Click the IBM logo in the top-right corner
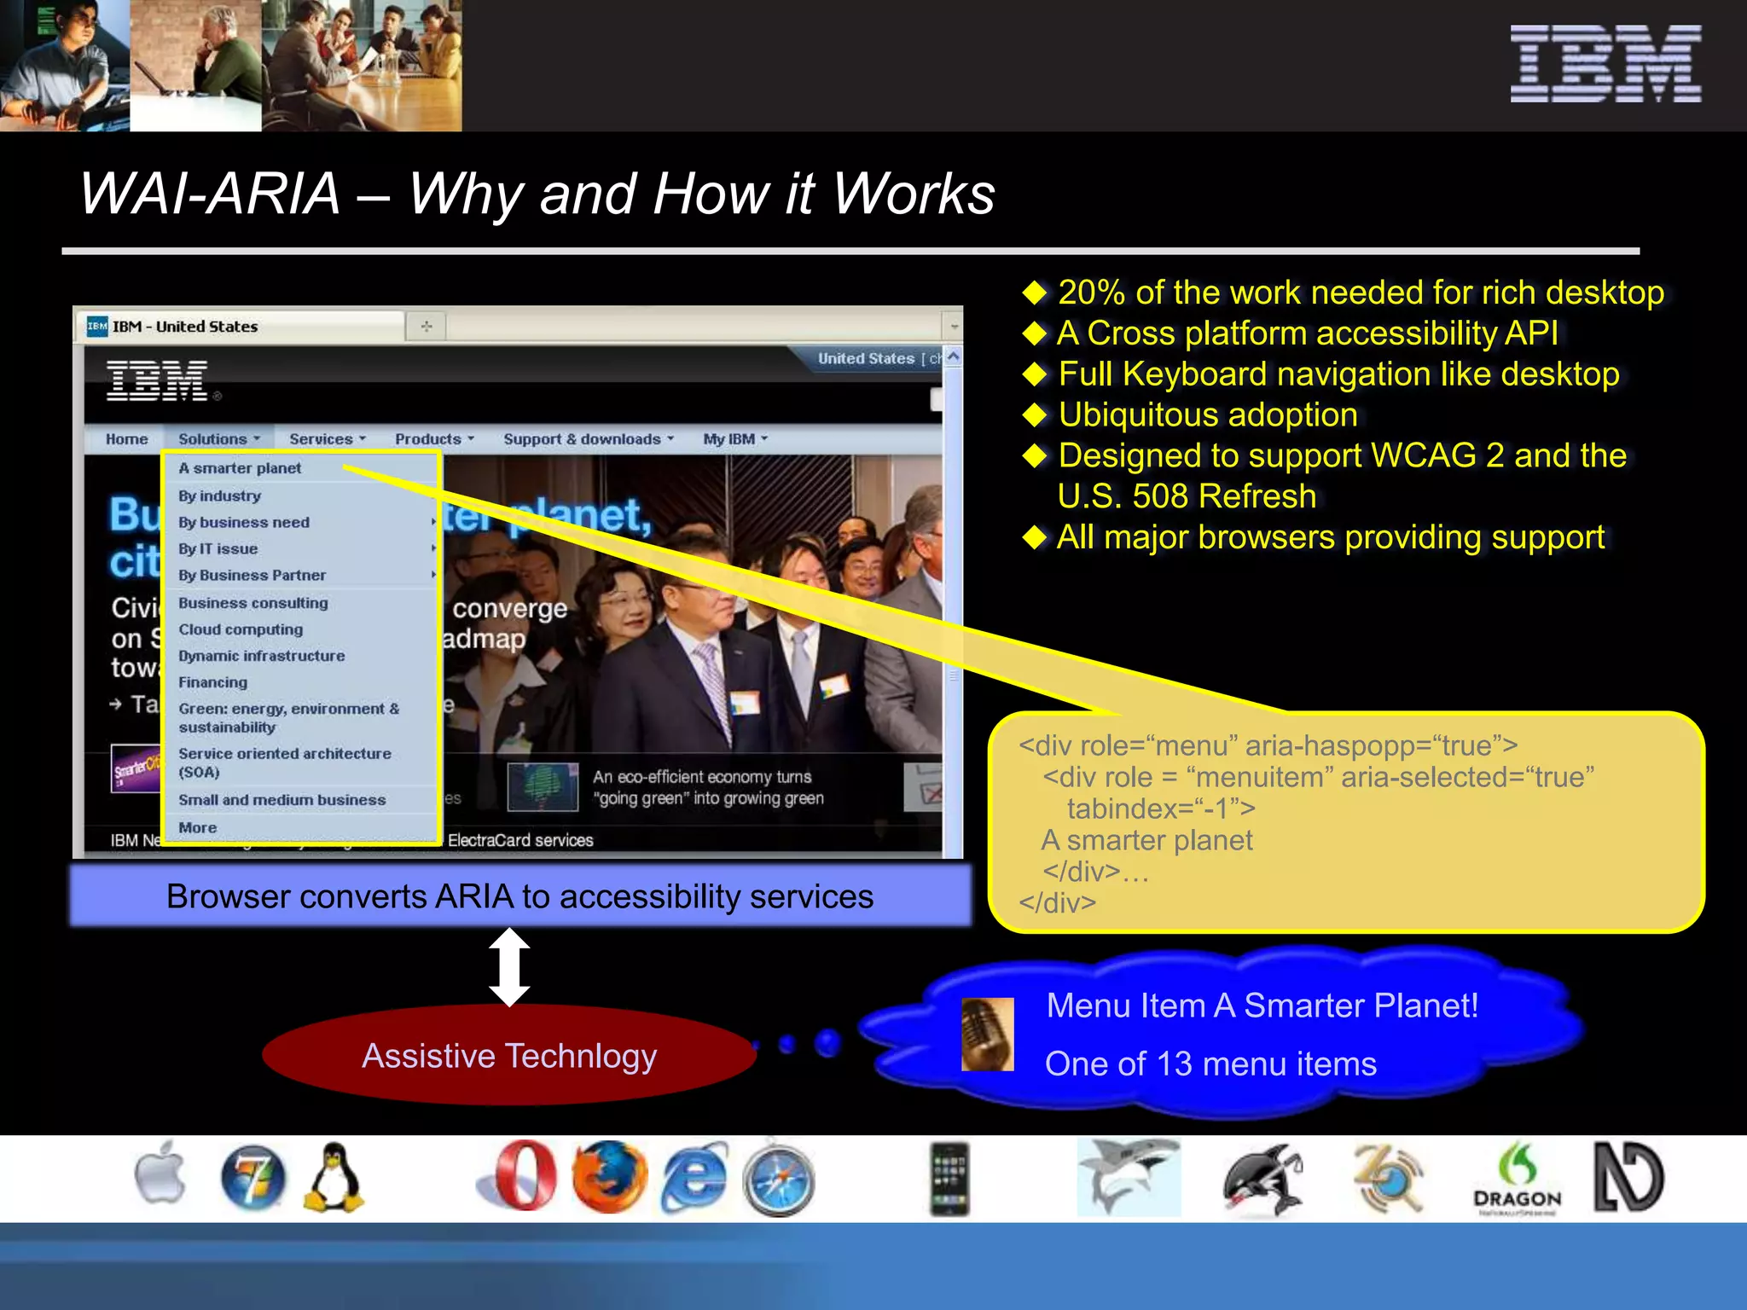tap(1605, 64)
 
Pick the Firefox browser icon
tap(609, 1177)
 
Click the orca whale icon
tap(1262, 1180)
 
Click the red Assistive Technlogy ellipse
tap(509, 1056)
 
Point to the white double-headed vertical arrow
tap(509, 967)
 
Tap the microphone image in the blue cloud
tap(987, 1034)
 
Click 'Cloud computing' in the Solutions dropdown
tap(241, 629)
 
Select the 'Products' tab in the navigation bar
tap(428, 439)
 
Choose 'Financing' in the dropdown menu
tap(213, 682)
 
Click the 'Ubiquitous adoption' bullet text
tap(1207, 415)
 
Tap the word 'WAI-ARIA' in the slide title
tap(210, 194)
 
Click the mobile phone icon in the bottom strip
tap(949, 1180)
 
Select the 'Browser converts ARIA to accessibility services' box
tap(520, 896)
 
